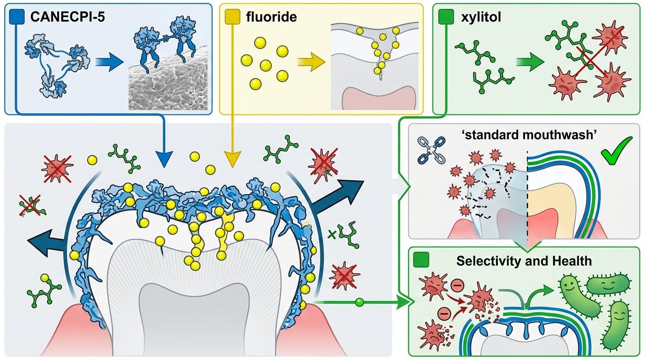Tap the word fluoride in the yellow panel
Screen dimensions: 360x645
tap(271, 18)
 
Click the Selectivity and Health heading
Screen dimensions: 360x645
tap(524, 261)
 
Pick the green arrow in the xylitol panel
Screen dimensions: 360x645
tap(526, 64)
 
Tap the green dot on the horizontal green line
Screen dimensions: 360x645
tap(360, 302)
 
